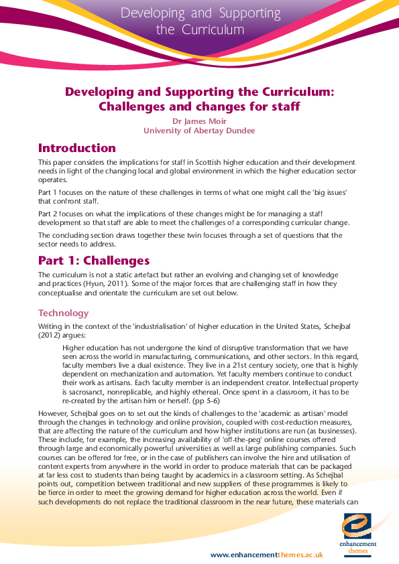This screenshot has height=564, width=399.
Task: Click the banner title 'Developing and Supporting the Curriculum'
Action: (199, 21)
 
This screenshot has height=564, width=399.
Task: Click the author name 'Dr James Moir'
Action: (199, 121)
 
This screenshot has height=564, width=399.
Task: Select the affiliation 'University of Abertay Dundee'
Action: (199, 131)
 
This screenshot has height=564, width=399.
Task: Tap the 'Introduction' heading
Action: (76, 148)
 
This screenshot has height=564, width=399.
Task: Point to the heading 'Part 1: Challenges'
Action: (93, 261)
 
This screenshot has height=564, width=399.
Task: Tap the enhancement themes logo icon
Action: (357, 524)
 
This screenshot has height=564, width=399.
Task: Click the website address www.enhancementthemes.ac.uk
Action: (267, 555)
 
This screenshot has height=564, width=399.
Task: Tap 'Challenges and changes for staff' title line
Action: (199, 106)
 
